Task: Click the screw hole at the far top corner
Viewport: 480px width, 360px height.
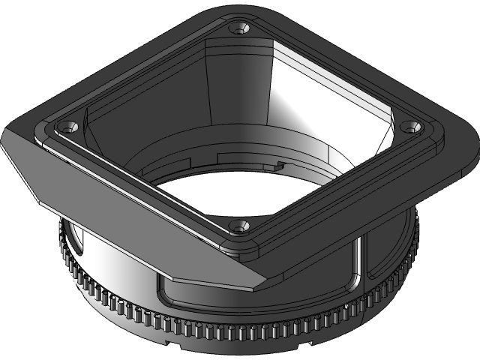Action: pyautogui.click(x=240, y=28)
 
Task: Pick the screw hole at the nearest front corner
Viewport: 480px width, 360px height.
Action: pyautogui.click(x=238, y=224)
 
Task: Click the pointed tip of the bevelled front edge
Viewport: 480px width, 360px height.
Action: pyautogui.click(x=256, y=289)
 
